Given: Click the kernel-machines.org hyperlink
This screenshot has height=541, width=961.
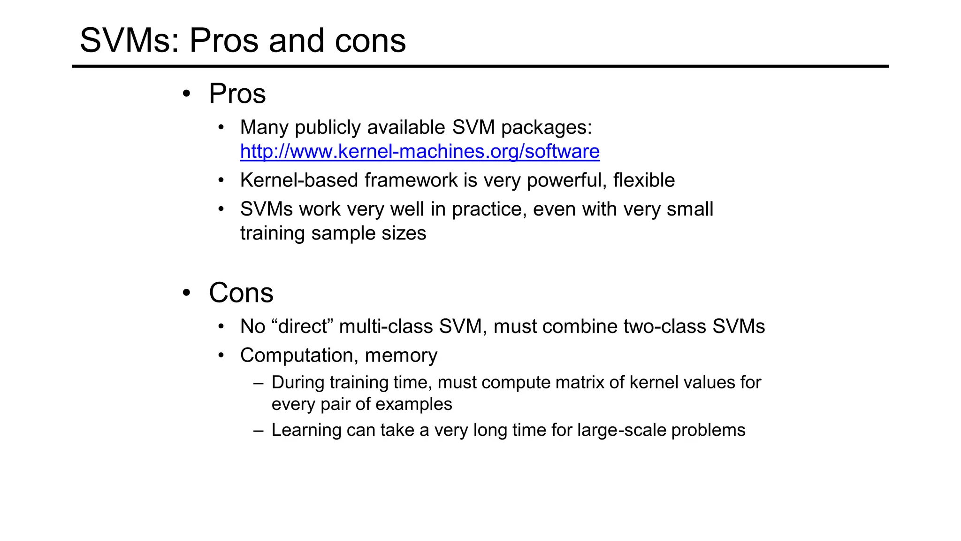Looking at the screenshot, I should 419,152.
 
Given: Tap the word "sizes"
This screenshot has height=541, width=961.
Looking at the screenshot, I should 404,233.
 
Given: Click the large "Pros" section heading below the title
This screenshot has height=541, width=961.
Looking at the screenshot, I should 237,93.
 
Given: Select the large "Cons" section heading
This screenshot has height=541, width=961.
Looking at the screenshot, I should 241,293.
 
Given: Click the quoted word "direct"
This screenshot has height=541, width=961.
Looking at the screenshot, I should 303,326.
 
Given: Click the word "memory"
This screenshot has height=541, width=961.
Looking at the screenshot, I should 401,356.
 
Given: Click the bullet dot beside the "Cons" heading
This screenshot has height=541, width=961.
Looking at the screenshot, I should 187,293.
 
